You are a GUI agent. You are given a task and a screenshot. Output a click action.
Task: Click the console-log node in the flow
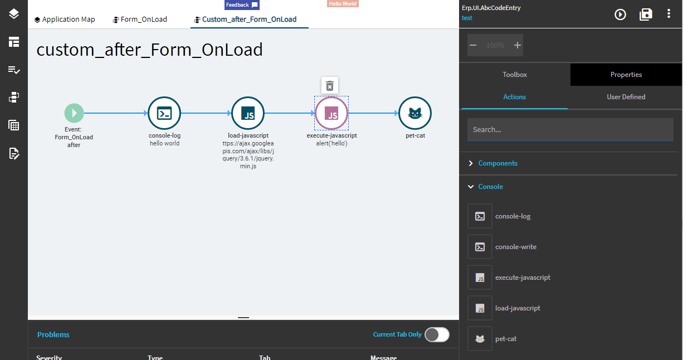(164, 114)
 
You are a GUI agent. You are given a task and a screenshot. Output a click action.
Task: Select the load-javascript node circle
(248, 114)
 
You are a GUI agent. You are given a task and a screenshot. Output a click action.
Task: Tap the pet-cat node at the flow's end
(415, 114)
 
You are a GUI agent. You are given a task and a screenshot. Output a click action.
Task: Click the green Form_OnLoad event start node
(74, 113)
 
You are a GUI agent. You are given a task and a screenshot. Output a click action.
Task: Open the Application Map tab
(65, 20)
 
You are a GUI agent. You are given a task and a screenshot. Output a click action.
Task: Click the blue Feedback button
(242, 5)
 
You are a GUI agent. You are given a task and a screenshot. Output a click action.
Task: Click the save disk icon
(646, 14)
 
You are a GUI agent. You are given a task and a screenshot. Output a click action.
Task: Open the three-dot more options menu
(669, 14)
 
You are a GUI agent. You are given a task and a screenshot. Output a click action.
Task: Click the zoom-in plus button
(518, 45)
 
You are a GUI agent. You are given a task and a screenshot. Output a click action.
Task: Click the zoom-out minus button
(473, 45)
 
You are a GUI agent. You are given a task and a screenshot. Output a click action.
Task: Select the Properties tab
(626, 75)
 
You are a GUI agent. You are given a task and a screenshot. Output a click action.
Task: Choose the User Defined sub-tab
(626, 97)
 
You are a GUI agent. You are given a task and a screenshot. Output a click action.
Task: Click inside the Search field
(570, 129)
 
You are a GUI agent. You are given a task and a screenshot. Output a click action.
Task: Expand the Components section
(497, 163)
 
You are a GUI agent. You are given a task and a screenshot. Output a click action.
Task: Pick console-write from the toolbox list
(515, 247)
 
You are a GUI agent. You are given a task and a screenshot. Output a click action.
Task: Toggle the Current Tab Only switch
(437, 334)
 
